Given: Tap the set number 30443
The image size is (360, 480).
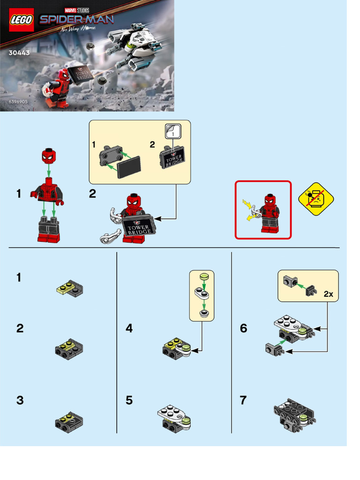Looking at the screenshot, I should (x=19, y=53).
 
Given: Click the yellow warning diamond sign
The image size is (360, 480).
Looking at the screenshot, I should (x=316, y=200).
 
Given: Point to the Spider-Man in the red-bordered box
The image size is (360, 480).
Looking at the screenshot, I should (x=270, y=213).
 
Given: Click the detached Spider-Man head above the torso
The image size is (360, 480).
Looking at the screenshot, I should (x=48, y=156).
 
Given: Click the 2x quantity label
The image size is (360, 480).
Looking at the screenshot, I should (x=328, y=294).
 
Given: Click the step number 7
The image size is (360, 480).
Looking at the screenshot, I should (x=243, y=401).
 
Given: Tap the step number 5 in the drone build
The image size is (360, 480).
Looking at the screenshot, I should (x=129, y=401).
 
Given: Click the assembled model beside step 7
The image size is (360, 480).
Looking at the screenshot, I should (x=294, y=415).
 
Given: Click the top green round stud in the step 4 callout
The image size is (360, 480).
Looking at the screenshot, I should (x=204, y=277).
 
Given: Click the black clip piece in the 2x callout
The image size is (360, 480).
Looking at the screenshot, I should (x=311, y=291).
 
